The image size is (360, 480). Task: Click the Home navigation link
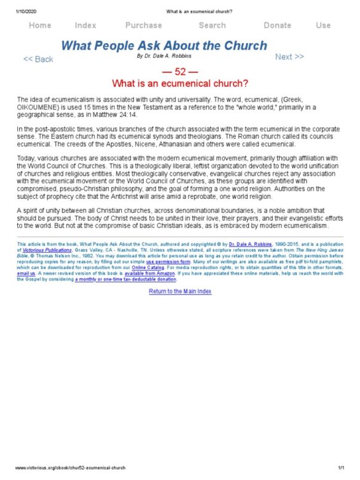click(40, 25)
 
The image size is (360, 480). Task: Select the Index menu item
click(86, 25)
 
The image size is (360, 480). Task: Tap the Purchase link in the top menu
click(143, 25)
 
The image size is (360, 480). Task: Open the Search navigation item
click(212, 25)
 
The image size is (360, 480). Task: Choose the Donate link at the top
click(278, 25)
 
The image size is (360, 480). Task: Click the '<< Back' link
click(38, 59)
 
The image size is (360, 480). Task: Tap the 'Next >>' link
click(289, 57)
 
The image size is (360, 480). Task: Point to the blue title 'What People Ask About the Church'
click(165, 46)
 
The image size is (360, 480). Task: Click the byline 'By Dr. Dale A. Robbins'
click(164, 56)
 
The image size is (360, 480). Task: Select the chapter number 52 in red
click(180, 71)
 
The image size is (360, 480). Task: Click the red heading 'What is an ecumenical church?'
click(180, 82)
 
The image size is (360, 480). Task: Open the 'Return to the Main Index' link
click(180, 291)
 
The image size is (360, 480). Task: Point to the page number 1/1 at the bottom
click(342, 469)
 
